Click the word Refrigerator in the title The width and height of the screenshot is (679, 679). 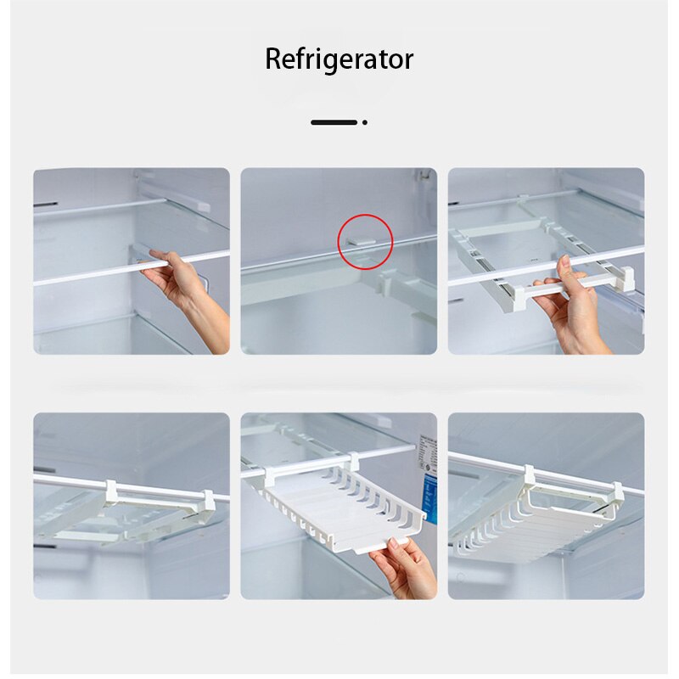339,59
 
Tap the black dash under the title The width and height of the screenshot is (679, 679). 334,122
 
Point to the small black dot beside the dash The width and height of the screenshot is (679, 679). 364,122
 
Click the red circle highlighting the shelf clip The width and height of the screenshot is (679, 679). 365,241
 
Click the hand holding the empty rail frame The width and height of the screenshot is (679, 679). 577,306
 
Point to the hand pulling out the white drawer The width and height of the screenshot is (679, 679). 407,564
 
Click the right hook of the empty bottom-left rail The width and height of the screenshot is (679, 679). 206,501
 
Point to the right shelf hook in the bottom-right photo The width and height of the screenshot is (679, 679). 619,492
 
